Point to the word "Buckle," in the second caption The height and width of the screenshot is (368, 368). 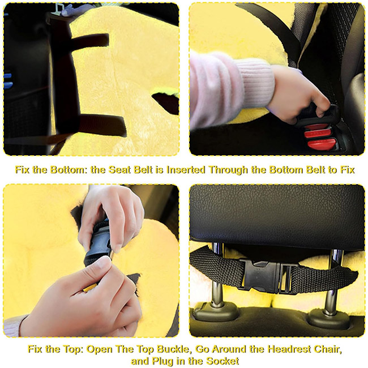click(x=173, y=349)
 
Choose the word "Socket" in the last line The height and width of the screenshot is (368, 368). click(x=222, y=361)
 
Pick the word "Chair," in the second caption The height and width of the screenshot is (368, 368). click(x=327, y=349)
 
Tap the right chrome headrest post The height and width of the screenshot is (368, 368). click(x=333, y=281)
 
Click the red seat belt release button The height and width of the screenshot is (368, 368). click(x=321, y=143)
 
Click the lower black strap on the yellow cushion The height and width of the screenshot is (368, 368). click(x=101, y=125)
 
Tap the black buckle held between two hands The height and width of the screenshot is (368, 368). click(x=98, y=243)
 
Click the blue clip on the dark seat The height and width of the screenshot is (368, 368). click(x=7, y=81)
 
